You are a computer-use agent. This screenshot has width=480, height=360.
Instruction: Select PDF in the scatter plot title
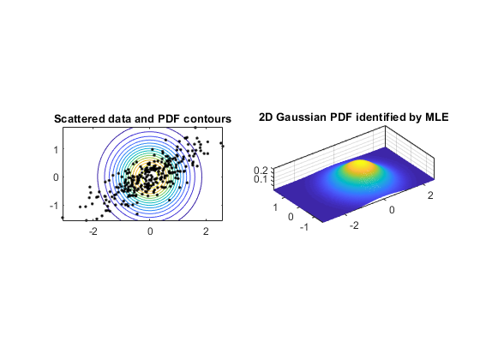point(169,119)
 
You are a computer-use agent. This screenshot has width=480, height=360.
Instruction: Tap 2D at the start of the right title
point(266,117)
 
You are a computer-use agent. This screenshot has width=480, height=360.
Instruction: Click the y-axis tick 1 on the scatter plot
point(56,150)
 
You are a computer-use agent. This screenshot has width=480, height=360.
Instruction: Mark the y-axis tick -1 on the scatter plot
point(54,206)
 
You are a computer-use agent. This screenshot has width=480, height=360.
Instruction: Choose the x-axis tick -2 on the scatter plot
point(93,231)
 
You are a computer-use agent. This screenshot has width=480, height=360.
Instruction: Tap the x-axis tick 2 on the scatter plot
point(206,231)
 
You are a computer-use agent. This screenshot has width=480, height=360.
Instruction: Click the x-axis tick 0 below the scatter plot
point(150,231)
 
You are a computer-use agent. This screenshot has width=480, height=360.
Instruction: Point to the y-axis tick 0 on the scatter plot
point(56,177)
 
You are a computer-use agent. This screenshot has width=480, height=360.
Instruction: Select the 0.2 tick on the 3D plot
point(261,171)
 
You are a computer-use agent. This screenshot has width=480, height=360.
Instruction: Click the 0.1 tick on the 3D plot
point(261,179)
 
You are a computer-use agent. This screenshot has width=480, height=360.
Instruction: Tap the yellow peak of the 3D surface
point(361,165)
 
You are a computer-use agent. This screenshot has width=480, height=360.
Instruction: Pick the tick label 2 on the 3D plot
point(430,195)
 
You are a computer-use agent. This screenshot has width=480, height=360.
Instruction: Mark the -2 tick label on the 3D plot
point(354,225)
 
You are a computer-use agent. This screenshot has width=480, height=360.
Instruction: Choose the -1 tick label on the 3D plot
point(304,227)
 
